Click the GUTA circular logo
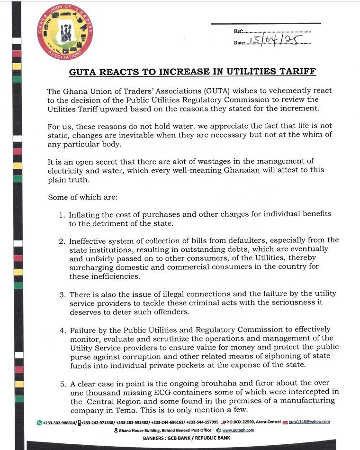[65, 32]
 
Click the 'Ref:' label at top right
[239, 31]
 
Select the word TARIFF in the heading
[295, 72]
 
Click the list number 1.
[62, 215]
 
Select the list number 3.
[62, 294]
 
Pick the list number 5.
[62, 383]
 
